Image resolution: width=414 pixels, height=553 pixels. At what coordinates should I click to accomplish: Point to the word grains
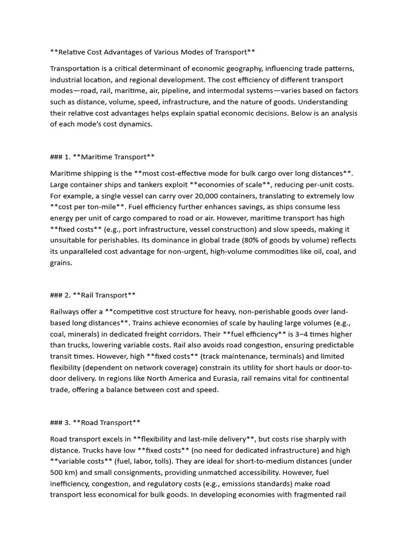[60, 262]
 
